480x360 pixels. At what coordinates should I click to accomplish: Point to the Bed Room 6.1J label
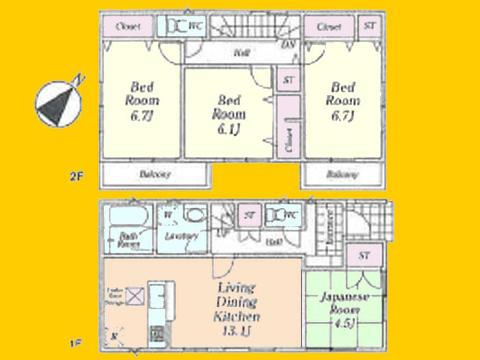[229, 114]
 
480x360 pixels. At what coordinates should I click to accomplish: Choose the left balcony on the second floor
[155, 175]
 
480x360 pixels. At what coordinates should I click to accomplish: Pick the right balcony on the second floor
[343, 175]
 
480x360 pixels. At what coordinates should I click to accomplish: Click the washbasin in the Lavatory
[194, 214]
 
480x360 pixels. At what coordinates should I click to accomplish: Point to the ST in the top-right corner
[370, 26]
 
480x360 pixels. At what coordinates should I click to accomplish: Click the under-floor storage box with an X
[134, 296]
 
